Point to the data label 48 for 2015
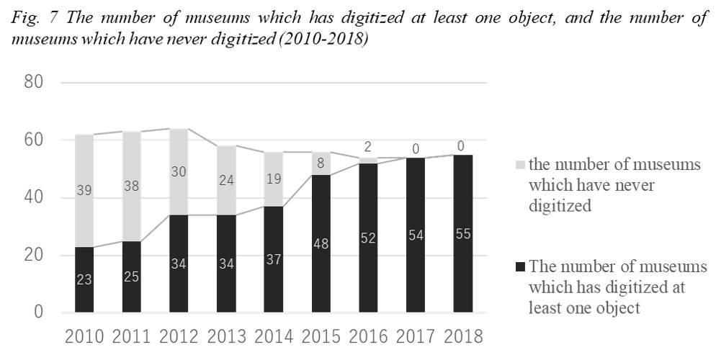tap(321, 244)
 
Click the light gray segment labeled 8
tap(321, 163)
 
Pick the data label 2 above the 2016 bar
tap(368, 147)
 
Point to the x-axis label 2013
tap(226, 337)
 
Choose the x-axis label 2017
tap(416, 337)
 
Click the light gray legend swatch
tap(522, 166)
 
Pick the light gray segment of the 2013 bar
tap(226, 180)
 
